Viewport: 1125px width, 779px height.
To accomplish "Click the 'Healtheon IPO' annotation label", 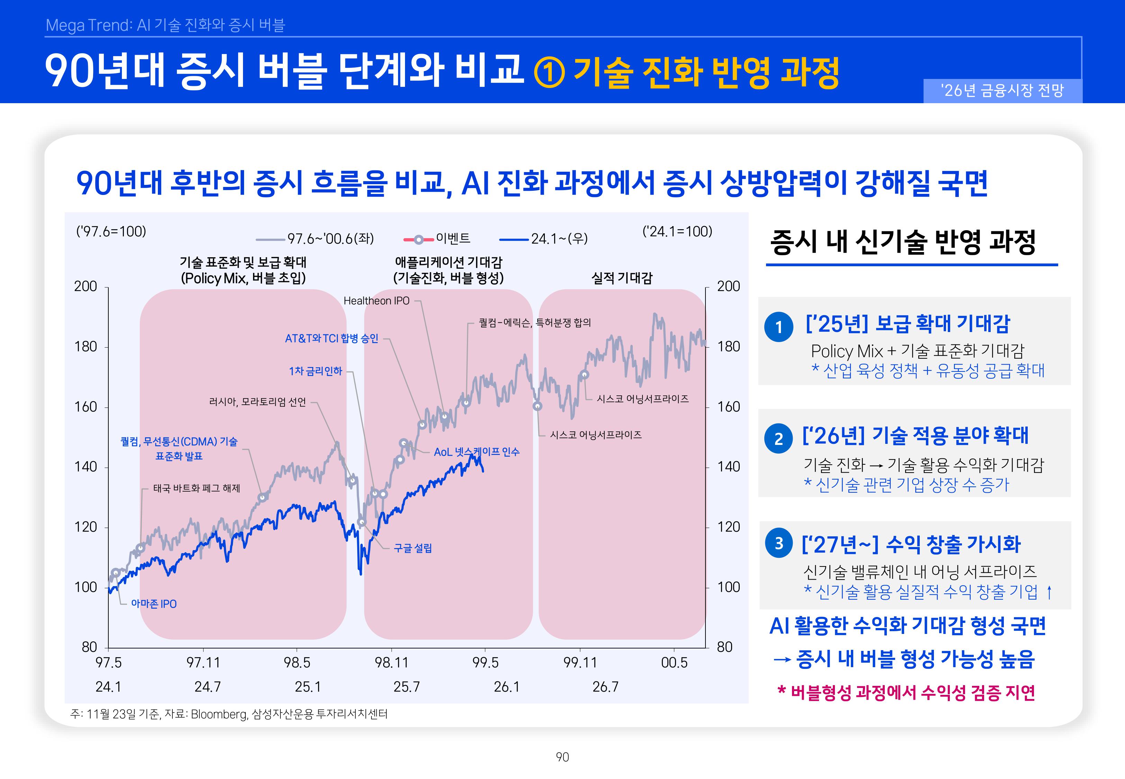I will (376, 301).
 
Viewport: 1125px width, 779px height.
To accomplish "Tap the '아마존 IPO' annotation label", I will (154, 604).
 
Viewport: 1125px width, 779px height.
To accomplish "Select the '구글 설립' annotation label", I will (413, 548).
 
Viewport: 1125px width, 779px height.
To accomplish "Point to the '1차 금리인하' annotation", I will (316, 371).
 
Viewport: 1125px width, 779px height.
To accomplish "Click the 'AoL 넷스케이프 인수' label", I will (477, 452).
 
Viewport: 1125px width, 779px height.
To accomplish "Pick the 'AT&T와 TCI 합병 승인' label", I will (332, 338).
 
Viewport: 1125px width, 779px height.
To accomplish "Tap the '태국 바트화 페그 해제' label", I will (197, 488).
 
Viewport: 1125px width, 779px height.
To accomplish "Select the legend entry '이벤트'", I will (453, 238).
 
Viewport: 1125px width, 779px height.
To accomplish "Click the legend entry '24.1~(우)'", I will (559, 239).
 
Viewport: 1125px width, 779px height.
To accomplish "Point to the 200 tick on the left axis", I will (86, 287).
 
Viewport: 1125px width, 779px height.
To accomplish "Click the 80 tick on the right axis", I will (724, 647).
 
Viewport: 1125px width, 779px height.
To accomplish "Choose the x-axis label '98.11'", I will (391, 663).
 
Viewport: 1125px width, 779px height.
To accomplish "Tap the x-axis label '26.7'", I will (605, 687).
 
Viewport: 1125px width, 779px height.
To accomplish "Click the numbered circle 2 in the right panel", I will (778, 438).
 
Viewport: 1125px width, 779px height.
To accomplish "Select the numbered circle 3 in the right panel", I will (778, 543).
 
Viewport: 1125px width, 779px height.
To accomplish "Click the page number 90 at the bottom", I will (562, 757).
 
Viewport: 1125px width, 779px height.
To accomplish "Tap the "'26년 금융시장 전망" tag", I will (1002, 91).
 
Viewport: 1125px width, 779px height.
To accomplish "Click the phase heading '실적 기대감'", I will (622, 278).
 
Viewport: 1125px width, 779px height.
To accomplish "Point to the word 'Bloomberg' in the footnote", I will (219, 714).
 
